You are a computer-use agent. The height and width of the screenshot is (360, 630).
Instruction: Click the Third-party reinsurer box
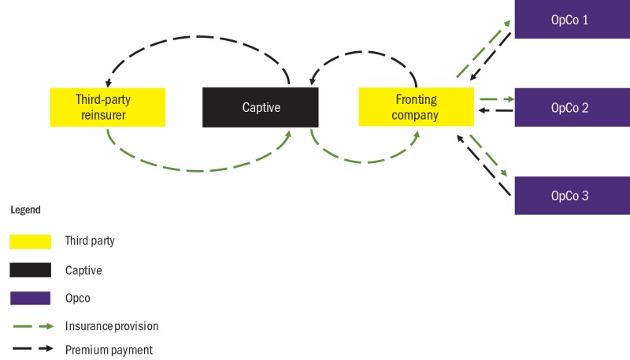[x=108, y=107]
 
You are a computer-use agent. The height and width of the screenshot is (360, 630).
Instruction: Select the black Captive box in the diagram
[x=261, y=107]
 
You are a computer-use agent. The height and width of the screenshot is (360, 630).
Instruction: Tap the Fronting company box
[x=416, y=107]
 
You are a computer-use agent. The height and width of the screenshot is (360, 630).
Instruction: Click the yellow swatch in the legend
[x=30, y=241]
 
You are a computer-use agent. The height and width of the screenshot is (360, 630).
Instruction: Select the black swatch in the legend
[x=30, y=270]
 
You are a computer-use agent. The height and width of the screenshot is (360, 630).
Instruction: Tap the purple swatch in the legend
[x=30, y=299]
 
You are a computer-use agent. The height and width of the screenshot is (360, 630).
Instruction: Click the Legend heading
[x=25, y=210]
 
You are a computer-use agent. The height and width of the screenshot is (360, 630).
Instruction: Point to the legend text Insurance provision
[x=113, y=325]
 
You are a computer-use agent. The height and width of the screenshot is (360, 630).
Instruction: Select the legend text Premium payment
[x=109, y=349]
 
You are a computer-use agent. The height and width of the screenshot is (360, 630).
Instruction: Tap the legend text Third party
[x=91, y=241]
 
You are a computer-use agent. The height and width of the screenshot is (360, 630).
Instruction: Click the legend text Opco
[x=78, y=299]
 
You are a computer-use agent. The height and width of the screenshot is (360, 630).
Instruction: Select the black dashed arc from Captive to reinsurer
[x=197, y=36]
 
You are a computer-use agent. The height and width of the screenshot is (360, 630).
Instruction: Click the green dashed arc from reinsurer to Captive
[x=197, y=170]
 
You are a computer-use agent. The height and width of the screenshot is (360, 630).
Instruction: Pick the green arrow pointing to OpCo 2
[x=495, y=100]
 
